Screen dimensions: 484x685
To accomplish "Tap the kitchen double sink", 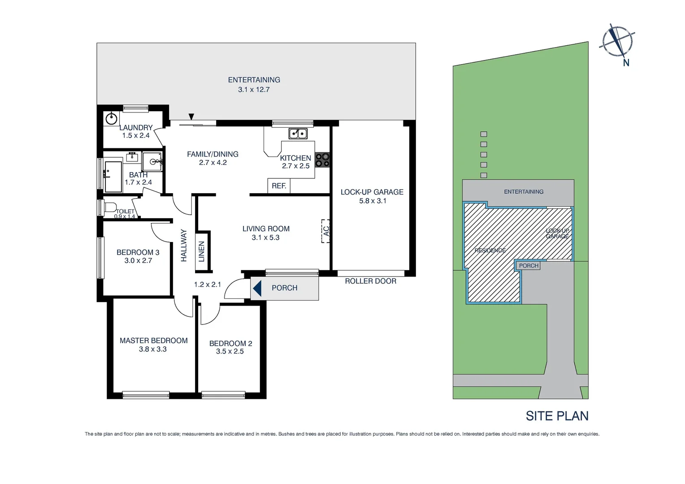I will click(x=298, y=133).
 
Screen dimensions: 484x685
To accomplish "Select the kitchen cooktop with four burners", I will click(x=322, y=160).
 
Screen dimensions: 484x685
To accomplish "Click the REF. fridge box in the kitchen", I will click(x=279, y=186).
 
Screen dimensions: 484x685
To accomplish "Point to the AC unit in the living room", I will click(x=326, y=231).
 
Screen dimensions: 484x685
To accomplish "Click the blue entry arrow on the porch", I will click(x=257, y=288).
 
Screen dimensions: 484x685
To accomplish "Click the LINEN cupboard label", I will click(x=202, y=251).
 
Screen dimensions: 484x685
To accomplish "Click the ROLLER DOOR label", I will click(x=370, y=281).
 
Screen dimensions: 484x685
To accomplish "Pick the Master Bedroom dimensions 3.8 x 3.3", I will click(x=152, y=350).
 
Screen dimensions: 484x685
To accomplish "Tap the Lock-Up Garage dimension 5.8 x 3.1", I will click(x=372, y=201).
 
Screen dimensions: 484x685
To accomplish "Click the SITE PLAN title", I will click(x=557, y=416).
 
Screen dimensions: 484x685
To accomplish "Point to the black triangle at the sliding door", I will click(x=191, y=117).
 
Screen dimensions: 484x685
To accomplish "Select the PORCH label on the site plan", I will click(x=529, y=266).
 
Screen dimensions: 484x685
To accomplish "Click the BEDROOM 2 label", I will click(x=230, y=344).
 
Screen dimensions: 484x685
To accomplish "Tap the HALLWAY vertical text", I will click(x=184, y=245).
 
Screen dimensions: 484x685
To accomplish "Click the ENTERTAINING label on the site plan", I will click(x=523, y=192).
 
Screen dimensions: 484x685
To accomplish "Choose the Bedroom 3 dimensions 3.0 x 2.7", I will click(x=138, y=261).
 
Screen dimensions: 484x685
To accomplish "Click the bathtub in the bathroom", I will click(x=113, y=177).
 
